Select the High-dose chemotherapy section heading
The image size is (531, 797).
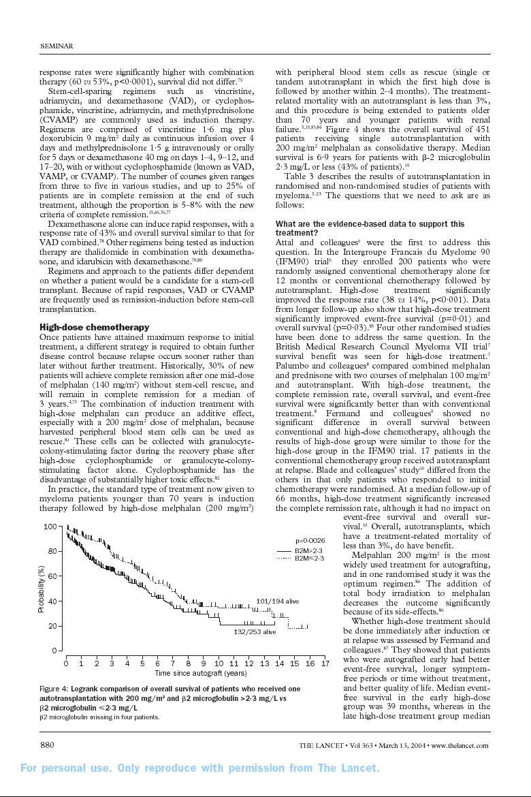pos(94,328)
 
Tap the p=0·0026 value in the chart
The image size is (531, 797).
pos(310,540)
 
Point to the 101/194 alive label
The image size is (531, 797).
pos(277,601)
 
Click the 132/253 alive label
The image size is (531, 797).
pos(255,632)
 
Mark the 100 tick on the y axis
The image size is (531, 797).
pos(50,527)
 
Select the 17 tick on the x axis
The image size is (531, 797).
pos(325,663)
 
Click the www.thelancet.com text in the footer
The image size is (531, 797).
pos(460,745)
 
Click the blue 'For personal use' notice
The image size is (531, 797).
pos(200,768)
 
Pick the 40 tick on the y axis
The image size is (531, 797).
pos(52,601)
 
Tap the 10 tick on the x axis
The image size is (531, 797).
pos(219,663)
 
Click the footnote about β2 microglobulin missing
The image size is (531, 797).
pos(99,717)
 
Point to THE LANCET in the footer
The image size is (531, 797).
pos(324,745)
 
